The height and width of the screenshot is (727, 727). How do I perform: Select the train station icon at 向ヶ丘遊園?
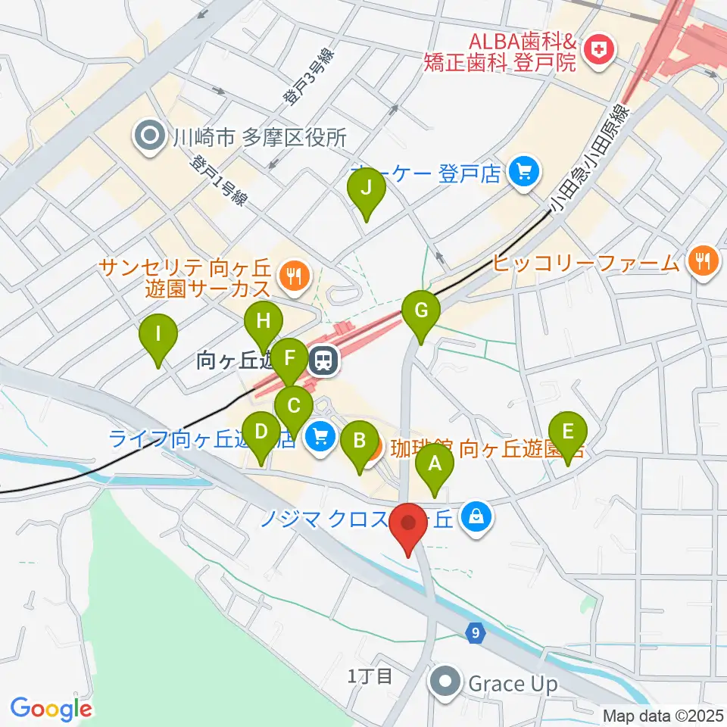coord(324,361)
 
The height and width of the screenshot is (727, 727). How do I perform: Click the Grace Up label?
coord(513,685)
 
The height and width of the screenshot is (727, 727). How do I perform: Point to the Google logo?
coord(51,709)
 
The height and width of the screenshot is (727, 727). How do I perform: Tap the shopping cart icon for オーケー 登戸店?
coord(523,173)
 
